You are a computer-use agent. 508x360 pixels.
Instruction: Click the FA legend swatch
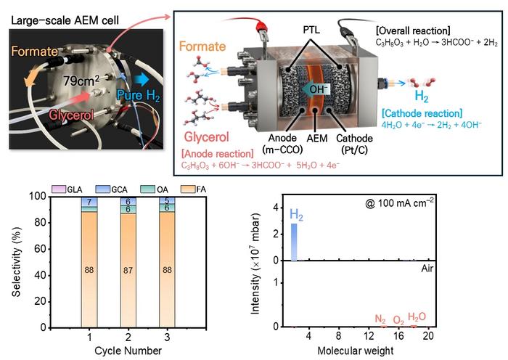click(x=188, y=189)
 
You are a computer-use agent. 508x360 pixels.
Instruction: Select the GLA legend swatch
click(x=59, y=189)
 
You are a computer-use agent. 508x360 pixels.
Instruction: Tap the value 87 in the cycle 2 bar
click(x=128, y=270)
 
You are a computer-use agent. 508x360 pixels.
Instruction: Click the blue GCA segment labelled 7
click(x=89, y=202)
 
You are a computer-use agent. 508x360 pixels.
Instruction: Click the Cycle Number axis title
click(x=128, y=351)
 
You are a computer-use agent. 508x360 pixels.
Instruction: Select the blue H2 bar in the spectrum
click(x=294, y=242)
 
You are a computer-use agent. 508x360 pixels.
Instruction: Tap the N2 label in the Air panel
click(x=380, y=319)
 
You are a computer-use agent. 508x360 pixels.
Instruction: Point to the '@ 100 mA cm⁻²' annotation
click(x=399, y=202)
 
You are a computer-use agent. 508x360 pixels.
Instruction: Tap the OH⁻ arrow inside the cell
click(x=315, y=89)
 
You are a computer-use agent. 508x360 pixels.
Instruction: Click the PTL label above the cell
click(x=311, y=30)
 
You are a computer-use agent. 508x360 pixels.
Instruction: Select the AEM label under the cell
click(x=317, y=139)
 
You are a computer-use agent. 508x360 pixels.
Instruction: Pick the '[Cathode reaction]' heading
click(x=422, y=113)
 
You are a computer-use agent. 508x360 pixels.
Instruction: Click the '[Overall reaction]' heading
click(x=413, y=30)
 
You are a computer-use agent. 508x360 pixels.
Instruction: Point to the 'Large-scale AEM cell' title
click(x=65, y=21)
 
